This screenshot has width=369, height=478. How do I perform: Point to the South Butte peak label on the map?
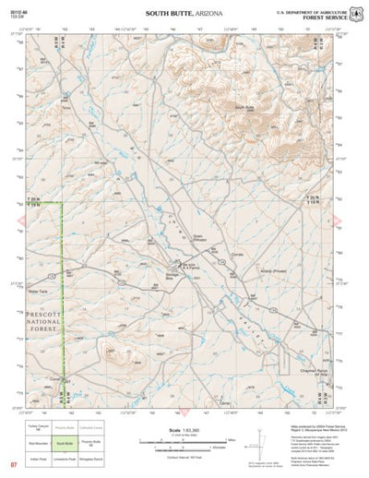pyautogui.click(x=244, y=107)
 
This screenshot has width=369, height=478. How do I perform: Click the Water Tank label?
pyautogui.click(x=38, y=291)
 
